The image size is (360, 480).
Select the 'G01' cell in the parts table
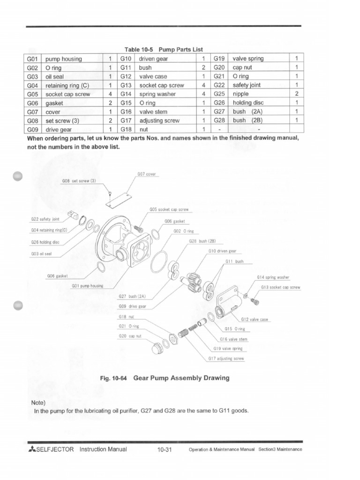tap(32, 59)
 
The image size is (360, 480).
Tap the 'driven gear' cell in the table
tap(154, 59)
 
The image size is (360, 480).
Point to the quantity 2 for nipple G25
tap(296, 94)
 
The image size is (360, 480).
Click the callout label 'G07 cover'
tap(146, 174)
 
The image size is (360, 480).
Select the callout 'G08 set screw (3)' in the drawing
tap(78, 180)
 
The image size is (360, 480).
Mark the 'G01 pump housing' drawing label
tap(87, 285)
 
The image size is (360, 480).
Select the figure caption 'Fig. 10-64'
tap(113, 378)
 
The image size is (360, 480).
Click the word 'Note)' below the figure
tap(38, 402)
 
